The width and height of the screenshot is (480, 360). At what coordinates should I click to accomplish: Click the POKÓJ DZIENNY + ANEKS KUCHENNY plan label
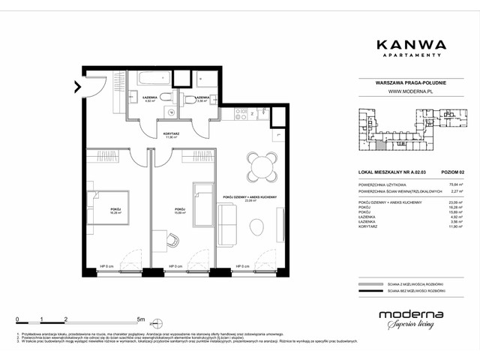(250, 196)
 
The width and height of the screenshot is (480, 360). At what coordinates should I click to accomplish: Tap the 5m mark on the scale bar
(140, 319)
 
